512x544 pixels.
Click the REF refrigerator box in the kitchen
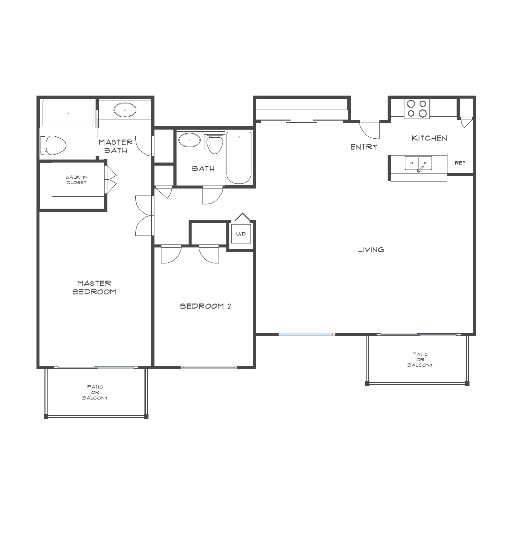coord(460,163)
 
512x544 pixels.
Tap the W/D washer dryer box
coord(241,234)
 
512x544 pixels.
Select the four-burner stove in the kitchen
coord(417,109)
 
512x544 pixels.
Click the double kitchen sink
coord(418,163)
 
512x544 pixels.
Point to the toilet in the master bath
coord(55,145)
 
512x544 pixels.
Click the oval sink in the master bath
coord(125,110)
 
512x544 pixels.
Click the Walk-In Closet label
coord(77,180)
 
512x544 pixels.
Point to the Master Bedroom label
coord(94,287)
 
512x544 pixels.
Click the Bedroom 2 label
coord(205,306)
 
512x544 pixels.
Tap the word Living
coord(371,250)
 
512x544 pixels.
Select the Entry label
coord(364,147)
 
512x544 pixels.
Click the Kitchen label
coord(429,138)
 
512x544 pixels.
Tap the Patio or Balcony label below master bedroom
coord(95,392)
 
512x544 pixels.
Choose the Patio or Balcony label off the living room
coord(420,360)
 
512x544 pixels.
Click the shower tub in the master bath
coord(68,113)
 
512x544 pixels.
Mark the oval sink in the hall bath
coord(189,140)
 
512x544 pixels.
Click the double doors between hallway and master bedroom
coord(144,215)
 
